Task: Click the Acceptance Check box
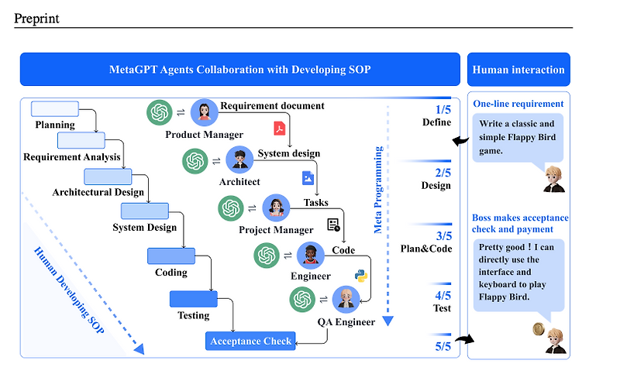[251, 341]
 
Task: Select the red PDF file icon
[278, 128]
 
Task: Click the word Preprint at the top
[36, 18]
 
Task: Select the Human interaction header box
[518, 70]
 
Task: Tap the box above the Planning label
[54, 108]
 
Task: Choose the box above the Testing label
[193, 298]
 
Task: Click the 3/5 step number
[443, 236]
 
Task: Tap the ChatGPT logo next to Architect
[196, 161]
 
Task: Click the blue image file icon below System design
[308, 177]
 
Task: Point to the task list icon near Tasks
[334, 225]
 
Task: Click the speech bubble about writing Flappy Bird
[518, 138]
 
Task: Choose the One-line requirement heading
[518, 104]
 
